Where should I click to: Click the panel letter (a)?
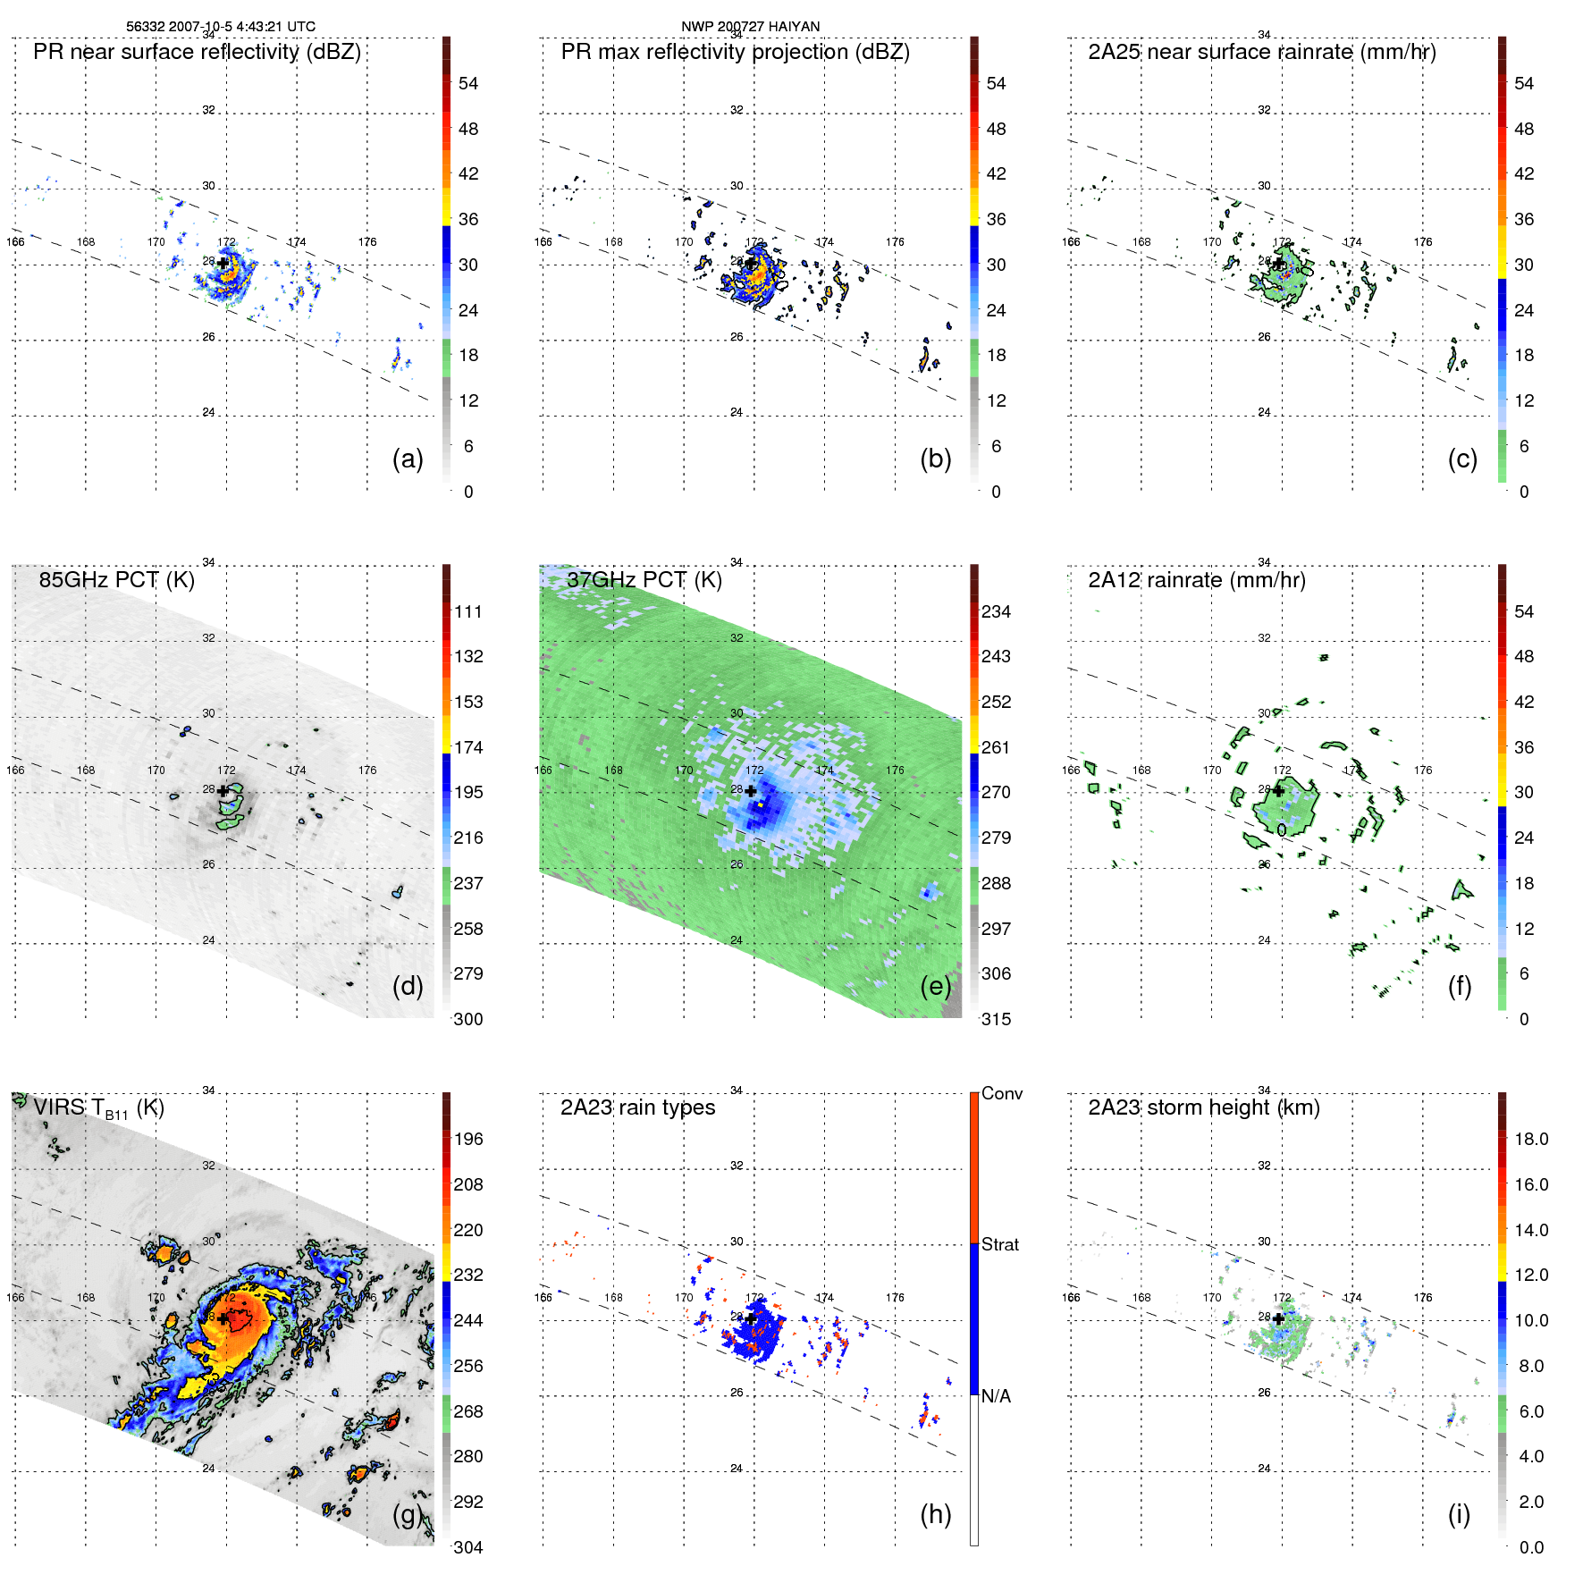[x=408, y=459]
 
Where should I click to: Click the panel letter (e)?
[x=935, y=987]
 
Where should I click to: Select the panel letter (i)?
[x=1459, y=1514]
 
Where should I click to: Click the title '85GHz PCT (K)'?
[x=116, y=580]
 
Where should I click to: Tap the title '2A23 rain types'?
[x=637, y=1107]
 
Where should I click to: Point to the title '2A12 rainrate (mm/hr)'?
[x=1196, y=580]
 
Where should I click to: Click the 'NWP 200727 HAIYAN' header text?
[x=750, y=27]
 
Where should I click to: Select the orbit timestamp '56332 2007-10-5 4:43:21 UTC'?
[x=220, y=27]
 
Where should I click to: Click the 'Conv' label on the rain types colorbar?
[x=1002, y=1093]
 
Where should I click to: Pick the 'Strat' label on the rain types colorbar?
[x=1000, y=1244]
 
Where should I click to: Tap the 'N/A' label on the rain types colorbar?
[x=996, y=1396]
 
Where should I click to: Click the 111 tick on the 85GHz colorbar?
[x=468, y=611]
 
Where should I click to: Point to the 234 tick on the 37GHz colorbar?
[x=996, y=611]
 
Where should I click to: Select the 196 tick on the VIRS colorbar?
[x=468, y=1139]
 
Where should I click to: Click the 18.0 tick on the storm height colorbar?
[x=1531, y=1139]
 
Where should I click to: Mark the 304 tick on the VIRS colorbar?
[x=468, y=1547]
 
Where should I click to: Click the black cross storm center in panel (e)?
[x=751, y=791]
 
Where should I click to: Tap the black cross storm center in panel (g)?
[x=223, y=1318]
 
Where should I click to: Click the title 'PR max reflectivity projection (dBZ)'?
[x=735, y=52]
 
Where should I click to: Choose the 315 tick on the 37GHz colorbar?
[x=996, y=1019]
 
